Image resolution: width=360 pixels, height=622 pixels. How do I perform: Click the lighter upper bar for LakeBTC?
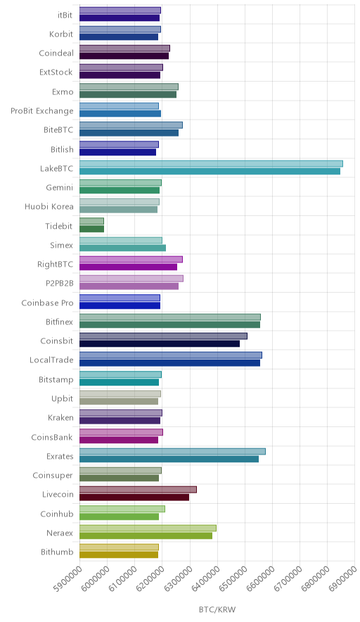click(x=211, y=164)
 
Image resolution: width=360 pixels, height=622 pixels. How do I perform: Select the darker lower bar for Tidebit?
click(x=91, y=229)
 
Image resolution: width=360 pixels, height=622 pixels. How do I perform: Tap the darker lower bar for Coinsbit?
click(x=160, y=344)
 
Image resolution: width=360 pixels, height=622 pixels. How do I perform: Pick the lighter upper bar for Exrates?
click(x=172, y=452)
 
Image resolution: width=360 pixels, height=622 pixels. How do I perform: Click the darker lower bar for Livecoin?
click(x=134, y=497)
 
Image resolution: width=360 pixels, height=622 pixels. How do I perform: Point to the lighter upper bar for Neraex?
click(x=148, y=528)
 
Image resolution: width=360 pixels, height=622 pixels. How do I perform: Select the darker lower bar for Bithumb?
click(x=119, y=555)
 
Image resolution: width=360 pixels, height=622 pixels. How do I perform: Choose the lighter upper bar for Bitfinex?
click(x=170, y=317)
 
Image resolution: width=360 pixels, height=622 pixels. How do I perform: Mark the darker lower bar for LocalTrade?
click(x=169, y=363)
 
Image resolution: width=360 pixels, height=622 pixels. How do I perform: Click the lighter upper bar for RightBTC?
click(x=131, y=260)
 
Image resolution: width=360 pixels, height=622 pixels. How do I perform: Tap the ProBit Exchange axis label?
click(x=42, y=111)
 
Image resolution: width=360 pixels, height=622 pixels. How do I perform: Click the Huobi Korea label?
click(x=49, y=207)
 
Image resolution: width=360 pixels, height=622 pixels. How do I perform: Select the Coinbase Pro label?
click(x=48, y=303)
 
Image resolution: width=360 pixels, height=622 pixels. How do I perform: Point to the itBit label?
click(x=65, y=15)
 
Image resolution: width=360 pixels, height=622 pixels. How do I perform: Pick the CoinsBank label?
click(x=52, y=437)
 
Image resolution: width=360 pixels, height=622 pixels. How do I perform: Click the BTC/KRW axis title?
click(x=217, y=610)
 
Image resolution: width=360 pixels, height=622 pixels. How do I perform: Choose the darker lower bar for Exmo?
click(x=128, y=94)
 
